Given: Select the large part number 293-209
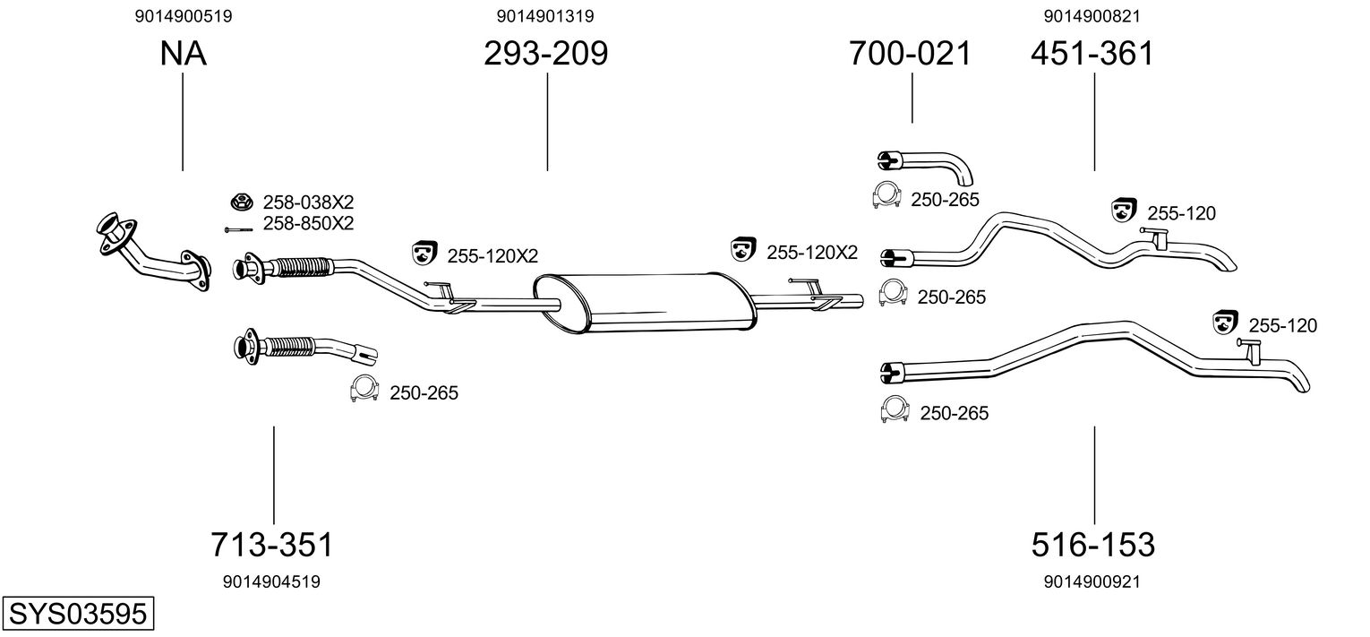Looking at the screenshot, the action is point(545,54).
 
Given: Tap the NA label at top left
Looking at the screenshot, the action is point(183,54).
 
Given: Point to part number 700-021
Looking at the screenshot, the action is point(910,54).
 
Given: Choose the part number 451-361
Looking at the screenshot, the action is point(1092,54).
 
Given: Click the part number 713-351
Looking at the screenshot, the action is point(272,544).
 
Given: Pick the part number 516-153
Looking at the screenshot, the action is point(1092,544).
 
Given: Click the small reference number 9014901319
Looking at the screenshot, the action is point(545,16).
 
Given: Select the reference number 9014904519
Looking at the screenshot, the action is point(271,581).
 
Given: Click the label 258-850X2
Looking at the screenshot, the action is point(307,223).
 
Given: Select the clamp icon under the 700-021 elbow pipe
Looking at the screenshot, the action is point(886,195).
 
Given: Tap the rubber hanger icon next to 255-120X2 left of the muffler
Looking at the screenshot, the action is point(424,254).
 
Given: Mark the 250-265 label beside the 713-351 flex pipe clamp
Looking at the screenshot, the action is point(424,392).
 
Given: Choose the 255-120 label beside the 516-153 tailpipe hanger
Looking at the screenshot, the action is point(1282,326).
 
